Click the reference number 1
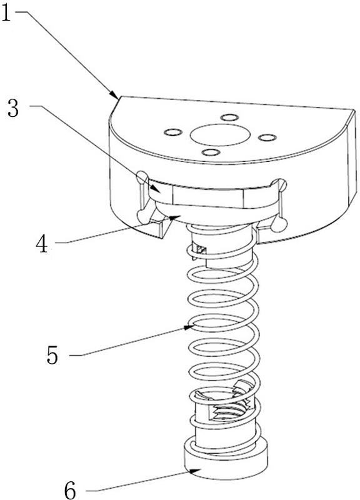click(6, 12)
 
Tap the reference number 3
click(13, 109)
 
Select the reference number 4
click(42, 244)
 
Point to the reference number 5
click(52, 355)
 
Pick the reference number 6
click(70, 491)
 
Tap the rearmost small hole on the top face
click(229, 117)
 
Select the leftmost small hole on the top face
click(173, 132)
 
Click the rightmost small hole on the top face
click(267, 137)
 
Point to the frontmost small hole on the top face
click(211, 152)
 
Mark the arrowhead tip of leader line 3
click(161, 192)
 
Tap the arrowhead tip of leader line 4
click(181, 216)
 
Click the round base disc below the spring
click(226, 460)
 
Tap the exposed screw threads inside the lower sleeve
click(228, 411)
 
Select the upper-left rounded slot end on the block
click(142, 177)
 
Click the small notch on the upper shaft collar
click(201, 249)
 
